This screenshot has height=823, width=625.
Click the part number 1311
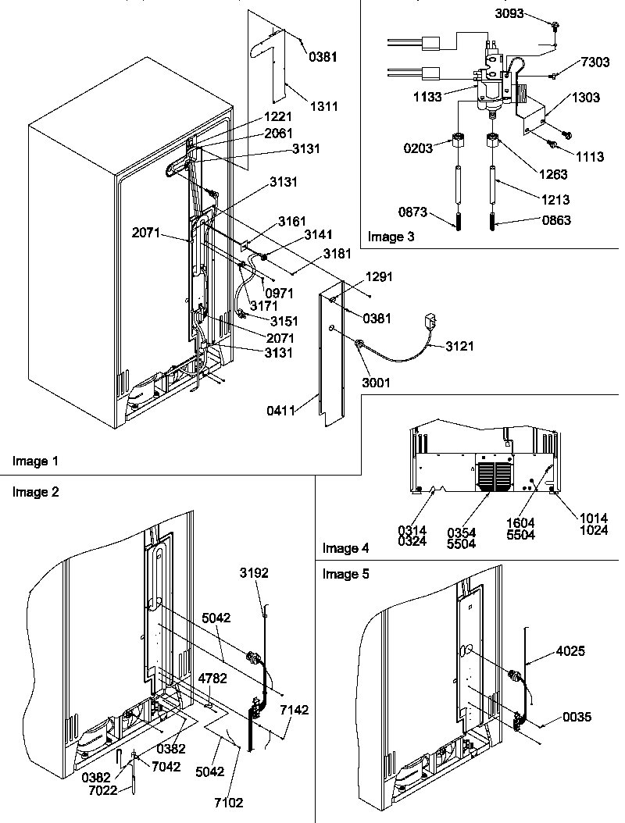(x=324, y=106)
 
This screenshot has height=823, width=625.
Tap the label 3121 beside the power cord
(x=461, y=345)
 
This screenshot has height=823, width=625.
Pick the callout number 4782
(x=209, y=678)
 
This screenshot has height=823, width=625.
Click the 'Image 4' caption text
(x=345, y=548)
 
